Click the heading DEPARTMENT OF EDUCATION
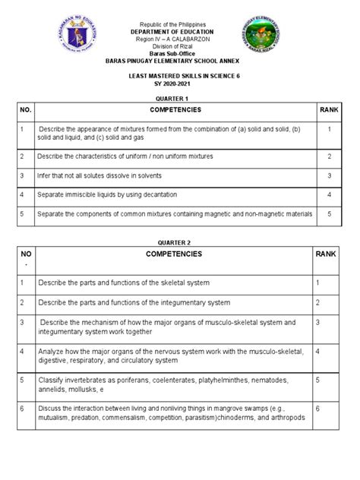(x=180, y=33)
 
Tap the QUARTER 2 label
(x=180, y=242)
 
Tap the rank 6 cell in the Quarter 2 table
(x=318, y=408)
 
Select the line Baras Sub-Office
(x=180, y=56)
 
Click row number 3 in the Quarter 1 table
(x=22, y=175)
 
